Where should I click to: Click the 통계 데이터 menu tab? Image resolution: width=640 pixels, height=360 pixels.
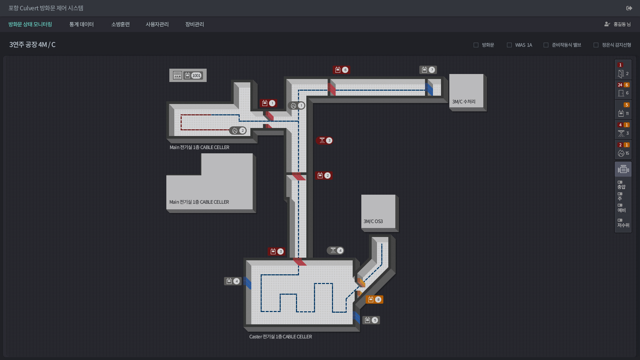[81, 24]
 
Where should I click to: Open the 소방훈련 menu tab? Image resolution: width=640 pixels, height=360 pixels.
[120, 24]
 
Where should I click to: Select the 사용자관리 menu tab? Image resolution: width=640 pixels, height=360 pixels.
[157, 24]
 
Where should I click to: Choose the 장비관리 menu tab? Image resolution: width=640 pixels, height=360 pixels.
[195, 24]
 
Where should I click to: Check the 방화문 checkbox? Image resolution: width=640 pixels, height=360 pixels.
[476, 45]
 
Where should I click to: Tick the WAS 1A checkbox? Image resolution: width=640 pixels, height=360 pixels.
[509, 45]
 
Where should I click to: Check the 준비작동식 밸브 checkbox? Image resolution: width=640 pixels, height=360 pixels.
[546, 45]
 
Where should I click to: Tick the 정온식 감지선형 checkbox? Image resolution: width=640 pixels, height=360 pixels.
[596, 45]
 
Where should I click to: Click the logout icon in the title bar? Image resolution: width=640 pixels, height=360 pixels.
[629, 8]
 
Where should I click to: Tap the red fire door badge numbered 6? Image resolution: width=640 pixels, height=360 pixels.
[341, 70]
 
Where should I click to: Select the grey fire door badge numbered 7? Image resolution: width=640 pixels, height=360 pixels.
[428, 70]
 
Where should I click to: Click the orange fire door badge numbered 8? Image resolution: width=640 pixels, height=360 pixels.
[374, 299]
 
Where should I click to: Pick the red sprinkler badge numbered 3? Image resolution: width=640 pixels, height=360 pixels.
[325, 140]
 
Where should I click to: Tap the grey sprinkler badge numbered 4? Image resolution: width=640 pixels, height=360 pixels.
[336, 250]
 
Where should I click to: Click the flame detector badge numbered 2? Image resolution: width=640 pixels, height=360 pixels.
[238, 130]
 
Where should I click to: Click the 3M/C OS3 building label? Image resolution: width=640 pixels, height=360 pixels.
[373, 221]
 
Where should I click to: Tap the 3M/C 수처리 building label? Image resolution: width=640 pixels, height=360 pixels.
[464, 102]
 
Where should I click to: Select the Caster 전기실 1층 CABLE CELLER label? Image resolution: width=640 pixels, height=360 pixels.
[280, 337]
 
